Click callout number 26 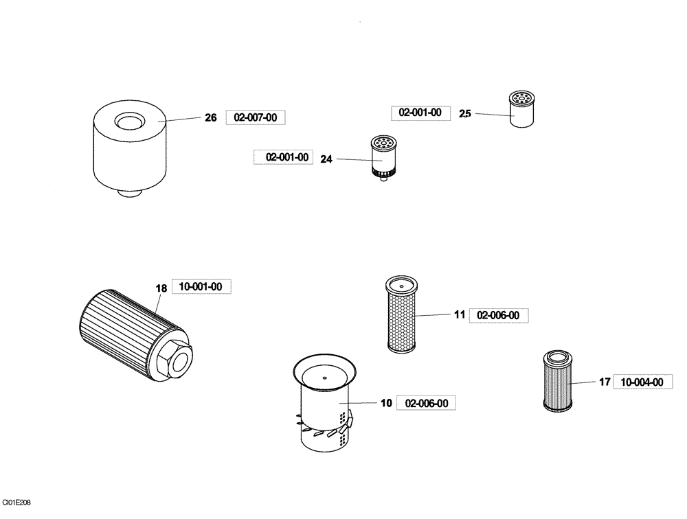tap(211, 118)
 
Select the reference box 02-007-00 tap(255, 118)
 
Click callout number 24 tap(326, 159)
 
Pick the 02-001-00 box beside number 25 tap(420, 113)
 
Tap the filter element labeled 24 tap(382, 158)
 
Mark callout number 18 tap(161, 289)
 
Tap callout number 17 tap(605, 382)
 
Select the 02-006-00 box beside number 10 tap(431, 404)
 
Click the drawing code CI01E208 tap(16, 503)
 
